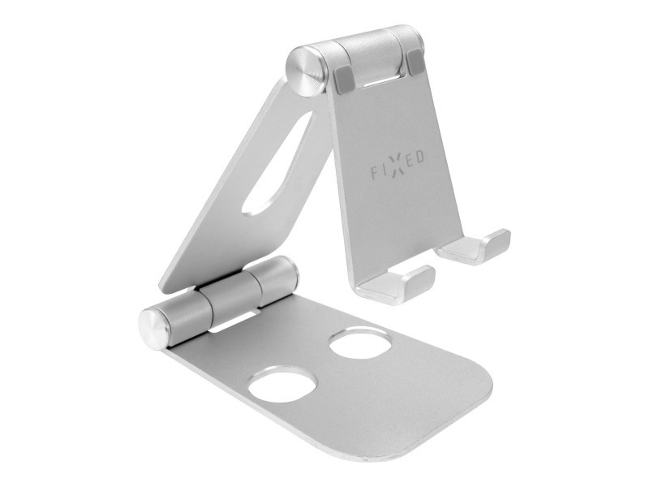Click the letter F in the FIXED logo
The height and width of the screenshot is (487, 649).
tap(374, 174)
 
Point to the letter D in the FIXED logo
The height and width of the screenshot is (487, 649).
tap(419, 157)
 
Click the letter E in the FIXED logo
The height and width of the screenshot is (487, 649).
tap(408, 161)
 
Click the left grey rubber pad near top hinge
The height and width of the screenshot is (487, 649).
tap(343, 78)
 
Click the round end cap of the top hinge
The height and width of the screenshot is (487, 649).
tap(305, 71)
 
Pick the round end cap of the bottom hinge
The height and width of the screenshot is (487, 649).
tap(154, 329)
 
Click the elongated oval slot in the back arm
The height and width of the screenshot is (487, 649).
tap(277, 163)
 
